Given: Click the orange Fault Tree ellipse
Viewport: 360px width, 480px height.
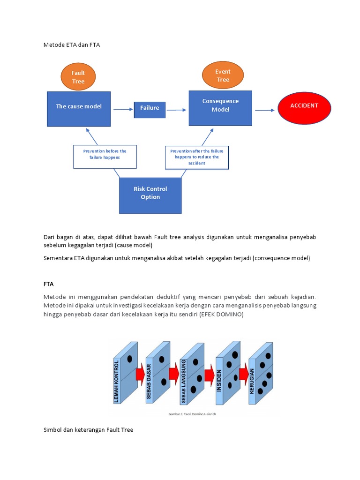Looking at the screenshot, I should point(78,77).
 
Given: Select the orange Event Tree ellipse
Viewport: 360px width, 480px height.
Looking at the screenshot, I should point(223,75).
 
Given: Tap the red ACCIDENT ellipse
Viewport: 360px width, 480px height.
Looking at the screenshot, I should point(304,106).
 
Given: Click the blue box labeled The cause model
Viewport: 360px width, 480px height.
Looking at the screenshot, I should point(79,109).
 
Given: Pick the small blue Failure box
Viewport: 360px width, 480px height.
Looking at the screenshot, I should point(150,108).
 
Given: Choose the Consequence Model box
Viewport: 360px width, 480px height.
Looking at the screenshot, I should point(220,108).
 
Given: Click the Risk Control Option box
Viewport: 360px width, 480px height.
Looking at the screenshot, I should point(150,195).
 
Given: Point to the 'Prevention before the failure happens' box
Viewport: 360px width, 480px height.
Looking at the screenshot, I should point(105,157).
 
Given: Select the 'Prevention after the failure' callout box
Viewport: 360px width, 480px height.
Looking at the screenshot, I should point(197,157).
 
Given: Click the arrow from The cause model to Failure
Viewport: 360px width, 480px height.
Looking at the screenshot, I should point(123,109).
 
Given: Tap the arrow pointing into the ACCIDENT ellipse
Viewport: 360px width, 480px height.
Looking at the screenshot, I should point(265,110).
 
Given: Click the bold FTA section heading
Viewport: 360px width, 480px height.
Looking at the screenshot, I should point(49,284).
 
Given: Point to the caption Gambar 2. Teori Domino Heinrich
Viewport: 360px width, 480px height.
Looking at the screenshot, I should point(192,414).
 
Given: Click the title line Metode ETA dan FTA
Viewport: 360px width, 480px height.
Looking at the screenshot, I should point(72,45).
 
